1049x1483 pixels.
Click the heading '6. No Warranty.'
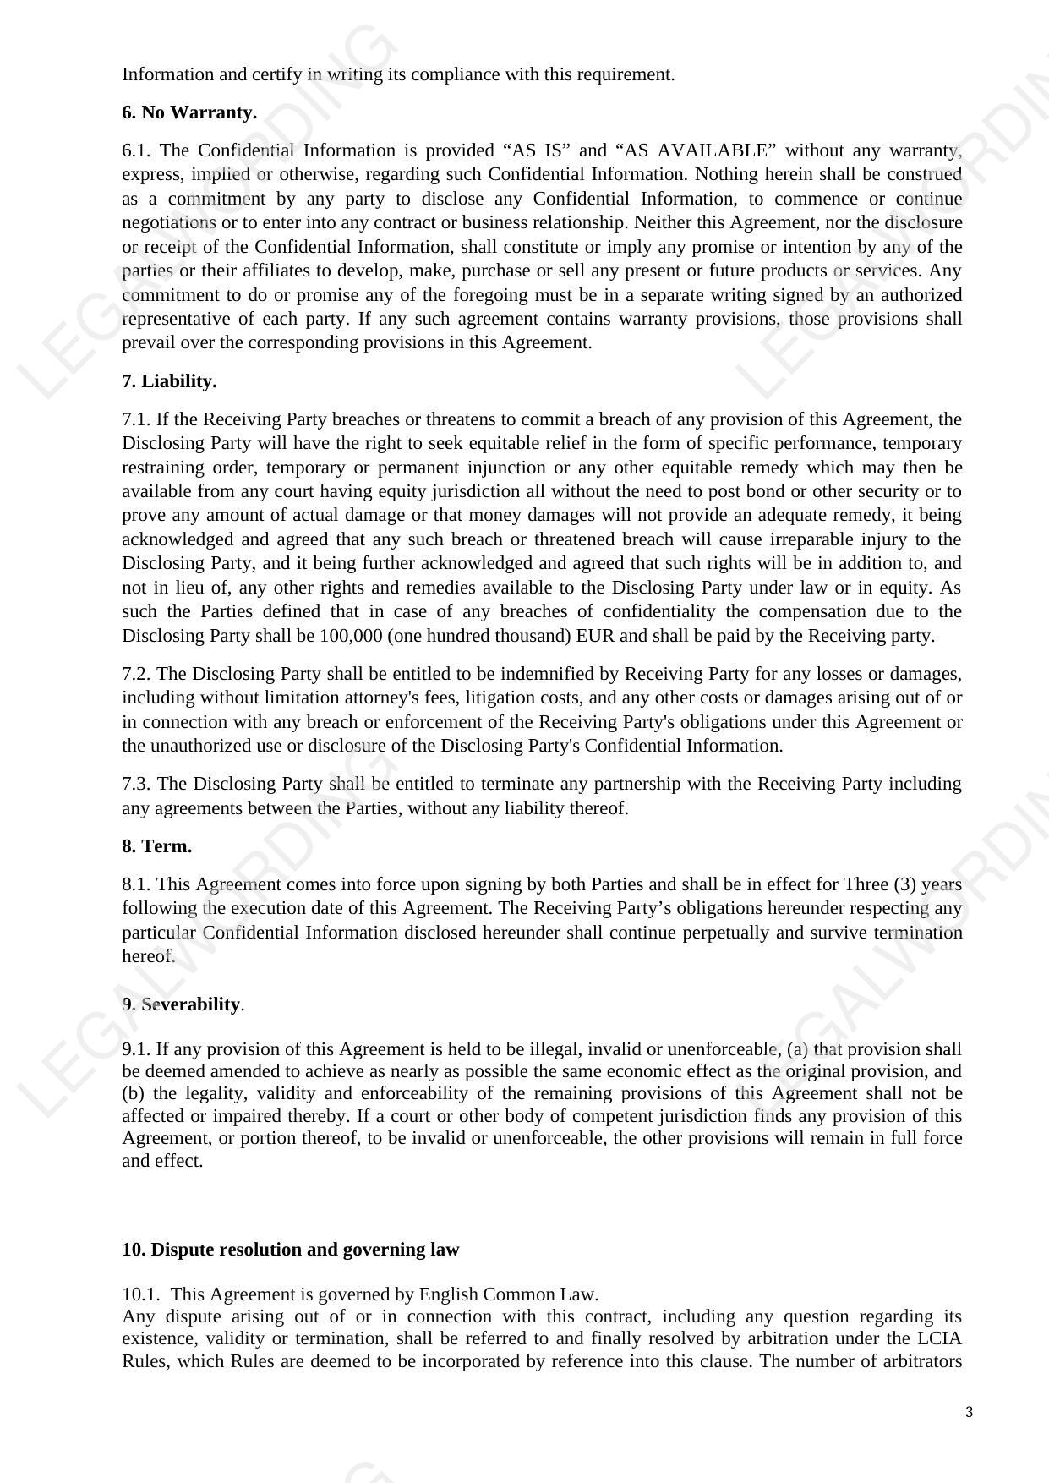tap(189, 112)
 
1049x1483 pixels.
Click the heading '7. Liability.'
tap(169, 381)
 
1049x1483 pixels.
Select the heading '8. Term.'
tap(157, 846)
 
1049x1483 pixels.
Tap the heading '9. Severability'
tap(183, 1004)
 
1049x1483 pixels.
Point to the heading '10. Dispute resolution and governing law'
tap(290, 1250)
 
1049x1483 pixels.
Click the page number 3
tap(969, 1412)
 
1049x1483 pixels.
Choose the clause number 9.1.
tap(136, 1049)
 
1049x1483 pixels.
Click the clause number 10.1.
tap(140, 1294)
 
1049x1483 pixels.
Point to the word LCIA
tap(939, 1338)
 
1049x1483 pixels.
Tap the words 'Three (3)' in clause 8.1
tap(880, 884)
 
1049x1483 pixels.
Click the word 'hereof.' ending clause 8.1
tap(149, 956)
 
